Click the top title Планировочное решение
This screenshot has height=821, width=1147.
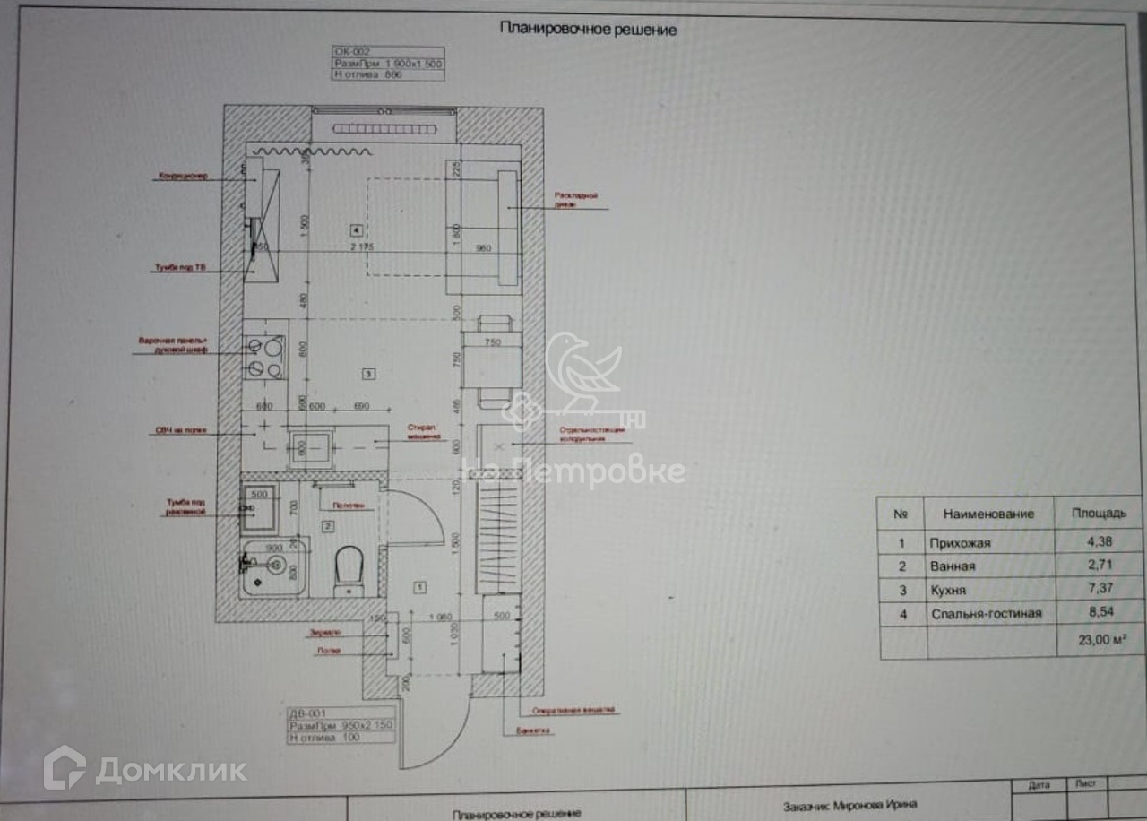pyautogui.click(x=588, y=30)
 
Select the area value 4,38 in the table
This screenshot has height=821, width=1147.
pyautogui.click(x=1099, y=543)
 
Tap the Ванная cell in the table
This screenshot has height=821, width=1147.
pyautogui.click(x=953, y=566)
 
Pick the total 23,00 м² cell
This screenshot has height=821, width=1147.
pyautogui.click(x=1099, y=640)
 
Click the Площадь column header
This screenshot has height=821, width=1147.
pyautogui.click(x=1099, y=514)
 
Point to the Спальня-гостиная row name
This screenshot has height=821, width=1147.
pyautogui.click(x=986, y=614)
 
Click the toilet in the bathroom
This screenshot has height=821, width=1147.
pyautogui.click(x=349, y=569)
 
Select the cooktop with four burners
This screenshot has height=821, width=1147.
pyautogui.click(x=264, y=357)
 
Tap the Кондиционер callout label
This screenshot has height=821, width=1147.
pyautogui.click(x=183, y=176)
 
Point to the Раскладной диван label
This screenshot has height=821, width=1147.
pyautogui.click(x=575, y=199)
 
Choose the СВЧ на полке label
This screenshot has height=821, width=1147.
pyautogui.click(x=181, y=430)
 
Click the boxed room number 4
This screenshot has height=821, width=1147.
pyautogui.click(x=357, y=229)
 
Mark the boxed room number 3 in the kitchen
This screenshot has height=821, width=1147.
pyautogui.click(x=368, y=372)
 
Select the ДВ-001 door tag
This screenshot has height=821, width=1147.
pyautogui.click(x=304, y=713)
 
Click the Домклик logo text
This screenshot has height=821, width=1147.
pyautogui.click(x=170, y=770)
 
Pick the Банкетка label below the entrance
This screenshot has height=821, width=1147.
pyautogui.click(x=535, y=730)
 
